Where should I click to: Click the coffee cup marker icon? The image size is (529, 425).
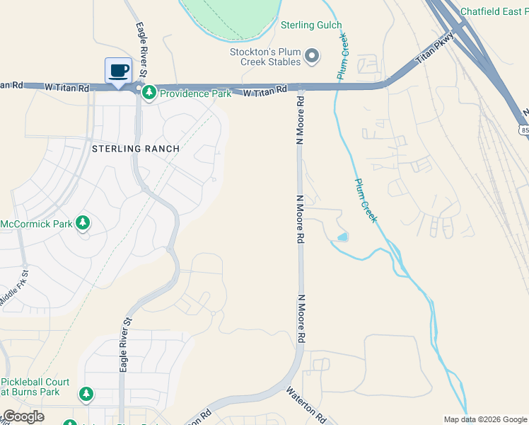[118, 71]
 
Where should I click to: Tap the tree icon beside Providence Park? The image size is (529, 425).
[149, 93]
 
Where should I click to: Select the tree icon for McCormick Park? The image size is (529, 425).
[83, 224]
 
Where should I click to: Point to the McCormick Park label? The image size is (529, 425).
[37, 224]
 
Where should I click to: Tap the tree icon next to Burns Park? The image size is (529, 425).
[86, 393]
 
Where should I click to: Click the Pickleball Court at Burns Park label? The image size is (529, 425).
[35, 387]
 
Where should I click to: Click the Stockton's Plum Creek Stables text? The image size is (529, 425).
[266, 57]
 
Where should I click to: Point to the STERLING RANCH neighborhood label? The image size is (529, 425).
[135, 149]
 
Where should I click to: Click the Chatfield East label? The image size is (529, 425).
[494, 11]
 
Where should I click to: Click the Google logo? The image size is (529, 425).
[23, 416]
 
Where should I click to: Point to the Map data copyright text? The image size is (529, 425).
[485, 419]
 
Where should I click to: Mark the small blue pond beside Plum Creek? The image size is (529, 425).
[343, 237]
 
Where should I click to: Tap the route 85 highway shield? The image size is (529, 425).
[523, 130]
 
